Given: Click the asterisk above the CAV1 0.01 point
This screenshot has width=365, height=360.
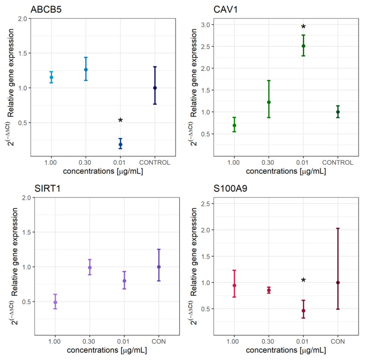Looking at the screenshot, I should [x=303, y=27].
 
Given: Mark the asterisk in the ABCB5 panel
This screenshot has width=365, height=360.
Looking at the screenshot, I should [x=120, y=121].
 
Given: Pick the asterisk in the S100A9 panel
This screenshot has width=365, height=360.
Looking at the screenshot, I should [x=303, y=281].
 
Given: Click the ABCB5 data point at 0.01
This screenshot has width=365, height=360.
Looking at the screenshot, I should [x=120, y=145].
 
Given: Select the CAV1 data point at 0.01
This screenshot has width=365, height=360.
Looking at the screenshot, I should [x=303, y=46].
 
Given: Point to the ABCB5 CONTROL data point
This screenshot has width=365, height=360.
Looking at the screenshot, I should [x=155, y=88].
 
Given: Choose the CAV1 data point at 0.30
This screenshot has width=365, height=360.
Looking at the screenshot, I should [x=269, y=102].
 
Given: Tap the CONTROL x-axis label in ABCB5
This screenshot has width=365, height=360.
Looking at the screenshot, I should [x=155, y=162].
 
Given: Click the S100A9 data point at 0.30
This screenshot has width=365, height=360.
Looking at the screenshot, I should [x=269, y=290].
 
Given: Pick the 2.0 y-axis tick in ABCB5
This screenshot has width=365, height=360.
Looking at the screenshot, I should [x=22, y=19].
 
